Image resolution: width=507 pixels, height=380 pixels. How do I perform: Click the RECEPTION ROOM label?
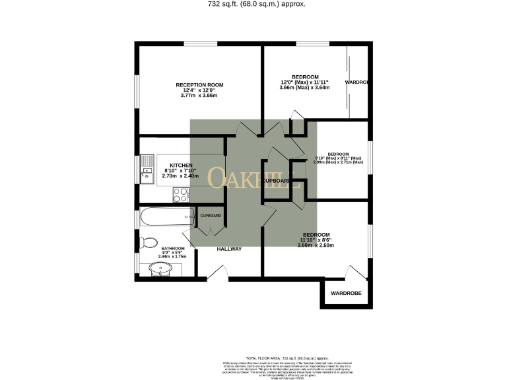coord(199,85)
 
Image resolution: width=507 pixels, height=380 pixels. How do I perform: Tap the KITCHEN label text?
coord(181,165)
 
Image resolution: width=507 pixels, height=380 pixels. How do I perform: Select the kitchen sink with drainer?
coord(147,170)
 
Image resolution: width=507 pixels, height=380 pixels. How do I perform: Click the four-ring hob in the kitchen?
coord(180,194)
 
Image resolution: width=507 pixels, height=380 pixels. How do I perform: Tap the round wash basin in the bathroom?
coord(160,269)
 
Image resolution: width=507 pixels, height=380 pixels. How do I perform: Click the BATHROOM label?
coord(173,249)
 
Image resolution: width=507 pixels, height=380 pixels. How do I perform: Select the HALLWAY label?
coord(229,249)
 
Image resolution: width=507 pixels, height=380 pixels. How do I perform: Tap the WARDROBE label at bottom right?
coord(346,293)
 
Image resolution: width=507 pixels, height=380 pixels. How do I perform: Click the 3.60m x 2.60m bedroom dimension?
coord(316,245)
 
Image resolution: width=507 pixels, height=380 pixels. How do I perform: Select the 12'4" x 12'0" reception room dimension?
coord(199,90)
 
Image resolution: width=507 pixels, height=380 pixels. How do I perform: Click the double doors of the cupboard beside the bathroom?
coord(209,228)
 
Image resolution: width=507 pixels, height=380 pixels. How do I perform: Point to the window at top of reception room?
coord(199,44)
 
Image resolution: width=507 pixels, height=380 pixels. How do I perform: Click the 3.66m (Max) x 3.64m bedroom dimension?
coord(304,88)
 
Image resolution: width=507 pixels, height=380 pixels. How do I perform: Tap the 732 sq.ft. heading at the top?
coord(253,4)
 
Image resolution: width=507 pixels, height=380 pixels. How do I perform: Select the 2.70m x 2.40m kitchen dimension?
coord(180,176)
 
